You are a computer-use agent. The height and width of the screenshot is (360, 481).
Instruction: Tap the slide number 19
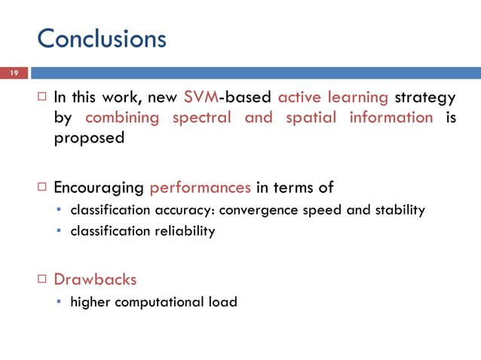point(13,73)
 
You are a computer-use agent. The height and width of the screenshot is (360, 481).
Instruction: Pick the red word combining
point(122,117)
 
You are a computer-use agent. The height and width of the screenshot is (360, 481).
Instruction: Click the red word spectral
point(202,117)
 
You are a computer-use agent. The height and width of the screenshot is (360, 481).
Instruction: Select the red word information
point(391,117)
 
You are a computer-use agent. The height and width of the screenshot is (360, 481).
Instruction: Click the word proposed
point(88,139)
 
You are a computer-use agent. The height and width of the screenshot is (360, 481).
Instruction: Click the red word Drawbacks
point(95,279)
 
